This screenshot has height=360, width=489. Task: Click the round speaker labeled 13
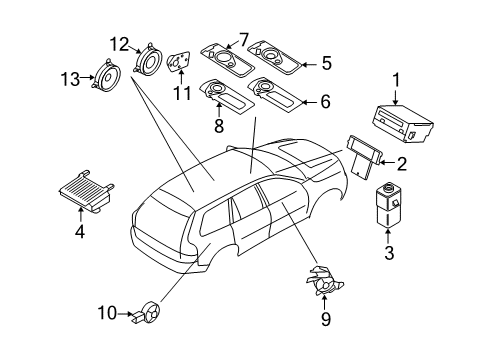105,76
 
